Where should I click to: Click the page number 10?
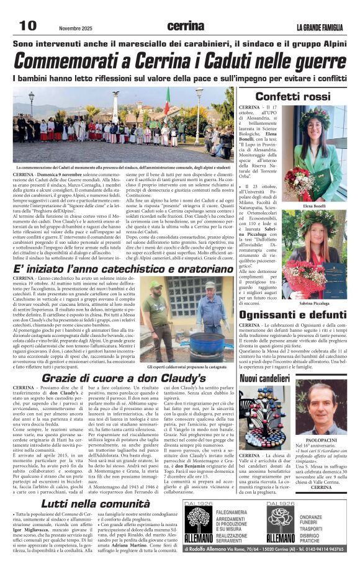point(27,25)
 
